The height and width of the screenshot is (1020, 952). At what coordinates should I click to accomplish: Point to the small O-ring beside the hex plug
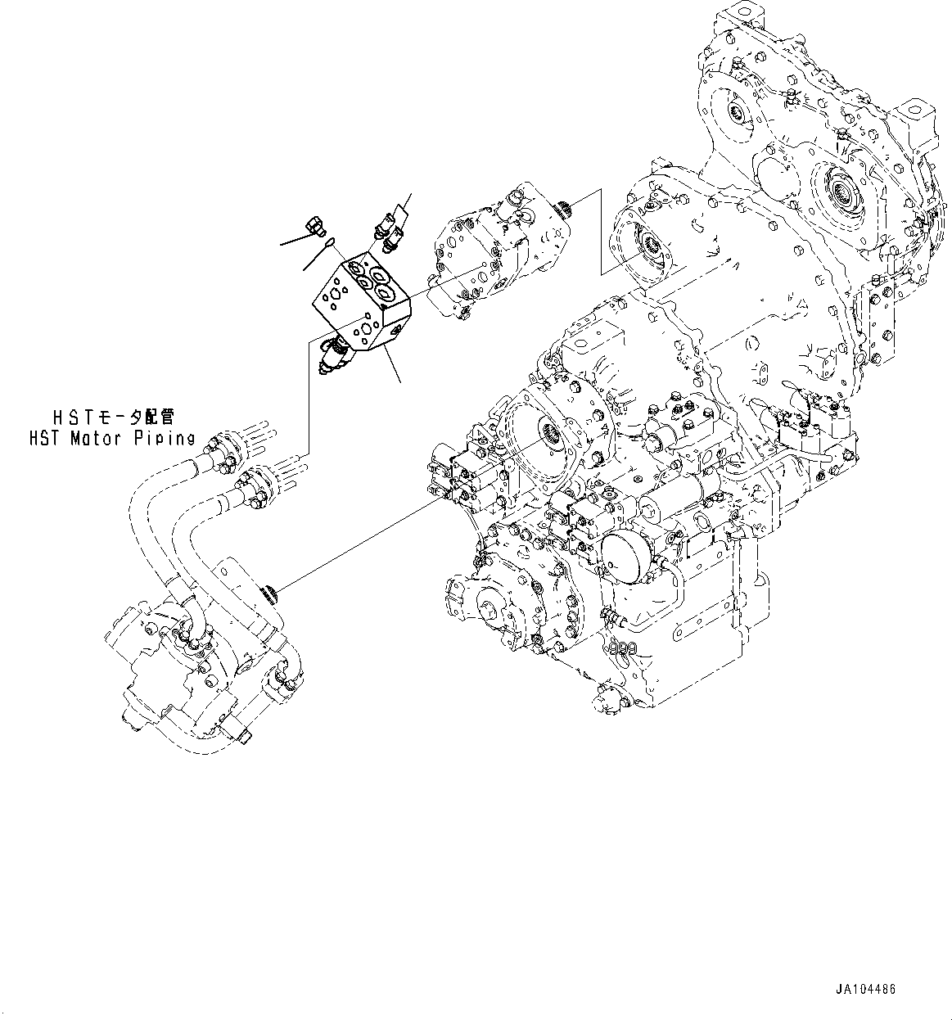pyautogui.click(x=327, y=242)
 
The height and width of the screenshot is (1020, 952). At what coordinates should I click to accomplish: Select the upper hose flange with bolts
pyautogui.click(x=223, y=447)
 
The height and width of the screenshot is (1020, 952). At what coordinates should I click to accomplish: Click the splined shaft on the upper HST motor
pyautogui.click(x=564, y=212)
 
